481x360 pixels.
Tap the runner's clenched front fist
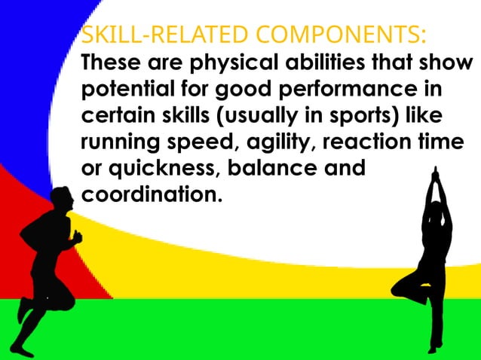tap(77, 236)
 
